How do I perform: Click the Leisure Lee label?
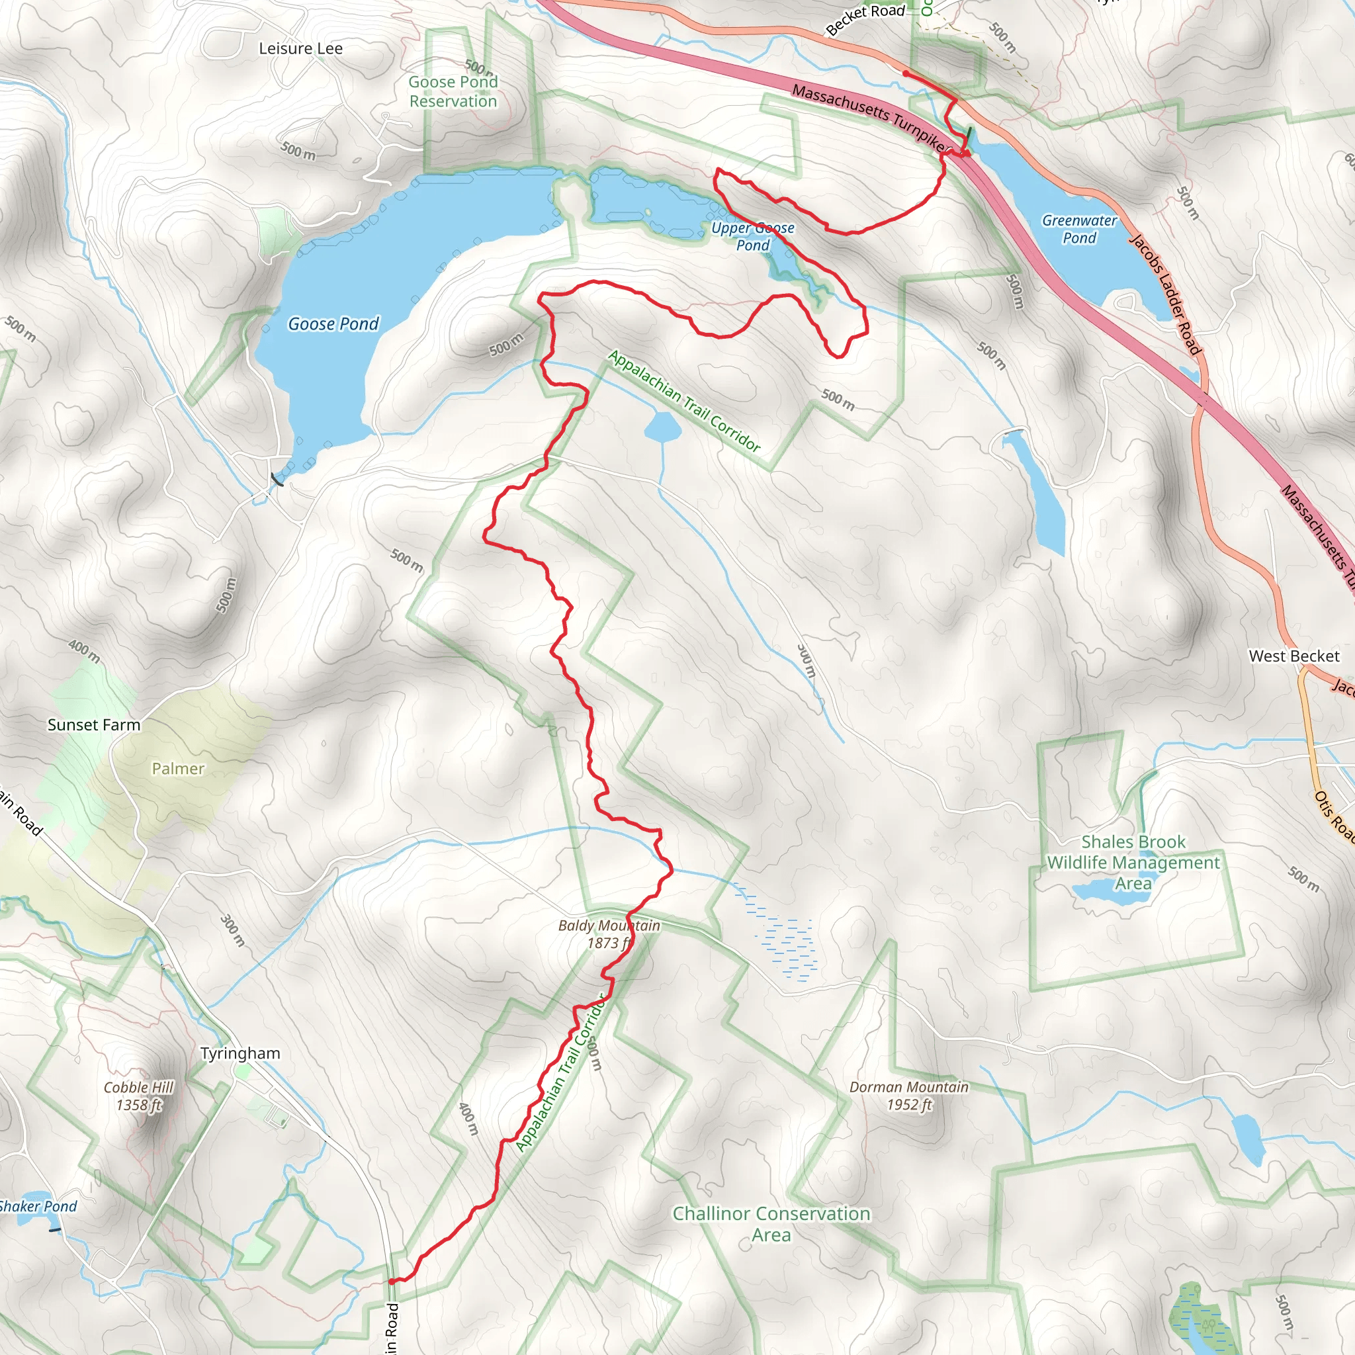(x=300, y=48)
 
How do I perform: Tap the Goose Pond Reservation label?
(x=453, y=91)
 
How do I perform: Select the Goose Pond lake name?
(x=333, y=324)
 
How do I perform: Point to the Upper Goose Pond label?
(x=752, y=236)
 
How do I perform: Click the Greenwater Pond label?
(x=1078, y=229)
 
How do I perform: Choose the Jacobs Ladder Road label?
(x=1165, y=294)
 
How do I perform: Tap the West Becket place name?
(x=1293, y=656)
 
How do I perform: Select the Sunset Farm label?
(x=94, y=724)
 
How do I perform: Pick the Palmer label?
(x=178, y=769)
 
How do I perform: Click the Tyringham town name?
(x=240, y=1053)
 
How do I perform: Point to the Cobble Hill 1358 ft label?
(x=139, y=1096)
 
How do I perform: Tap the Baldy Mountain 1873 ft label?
(x=608, y=934)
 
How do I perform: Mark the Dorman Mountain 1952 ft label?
(x=908, y=1096)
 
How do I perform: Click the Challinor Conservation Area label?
(x=771, y=1223)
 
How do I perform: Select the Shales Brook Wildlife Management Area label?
(x=1133, y=862)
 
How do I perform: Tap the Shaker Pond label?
(x=38, y=1205)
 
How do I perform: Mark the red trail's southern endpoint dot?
(x=390, y=1282)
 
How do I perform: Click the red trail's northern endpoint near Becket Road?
(x=906, y=73)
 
